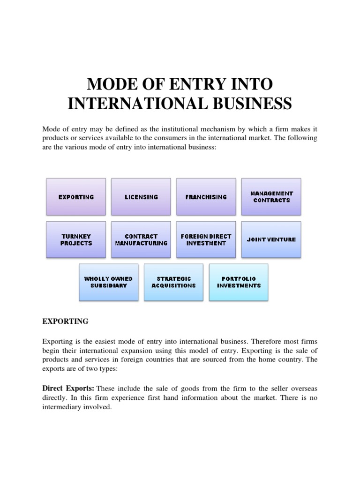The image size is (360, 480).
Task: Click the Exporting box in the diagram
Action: coord(76,197)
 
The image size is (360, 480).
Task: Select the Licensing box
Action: coord(141,197)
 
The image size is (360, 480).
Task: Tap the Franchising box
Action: coord(206,197)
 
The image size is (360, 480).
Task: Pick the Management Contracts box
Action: coord(271,197)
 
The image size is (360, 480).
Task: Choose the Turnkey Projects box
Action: coord(76,240)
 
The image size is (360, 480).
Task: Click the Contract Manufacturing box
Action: coord(141,240)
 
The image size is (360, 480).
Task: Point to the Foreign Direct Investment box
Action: coord(206,240)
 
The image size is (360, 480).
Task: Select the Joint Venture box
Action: coord(271,240)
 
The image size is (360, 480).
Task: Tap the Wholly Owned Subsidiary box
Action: coord(108,282)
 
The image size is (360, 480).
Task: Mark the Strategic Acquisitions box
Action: coord(173,282)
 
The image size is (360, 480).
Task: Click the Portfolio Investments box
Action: coord(239,282)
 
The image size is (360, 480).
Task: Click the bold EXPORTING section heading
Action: coord(65,322)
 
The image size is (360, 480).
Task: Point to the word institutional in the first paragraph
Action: coord(184,129)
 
